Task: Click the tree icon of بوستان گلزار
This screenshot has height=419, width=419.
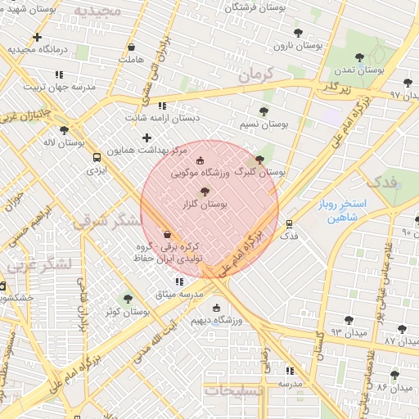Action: click(205, 191)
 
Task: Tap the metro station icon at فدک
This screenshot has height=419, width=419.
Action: click(289, 223)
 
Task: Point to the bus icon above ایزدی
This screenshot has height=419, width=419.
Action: click(97, 157)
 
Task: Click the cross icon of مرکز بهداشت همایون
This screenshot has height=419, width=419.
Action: click(147, 137)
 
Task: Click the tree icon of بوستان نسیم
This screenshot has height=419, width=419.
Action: click(264, 111)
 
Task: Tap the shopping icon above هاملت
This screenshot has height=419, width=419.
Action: click(131, 47)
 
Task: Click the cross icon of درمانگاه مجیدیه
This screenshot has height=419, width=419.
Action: click(37, 37)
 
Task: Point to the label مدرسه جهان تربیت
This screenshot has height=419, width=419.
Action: click(59, 86)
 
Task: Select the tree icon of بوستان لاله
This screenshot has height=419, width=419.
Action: click(64, 129)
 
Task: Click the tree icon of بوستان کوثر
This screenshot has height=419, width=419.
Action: click(127, 299)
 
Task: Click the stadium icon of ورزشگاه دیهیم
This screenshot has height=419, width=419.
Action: click(216, 308)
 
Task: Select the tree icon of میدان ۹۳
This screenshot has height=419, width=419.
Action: click(349, 320)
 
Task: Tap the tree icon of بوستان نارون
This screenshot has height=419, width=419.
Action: click(299, 34)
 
